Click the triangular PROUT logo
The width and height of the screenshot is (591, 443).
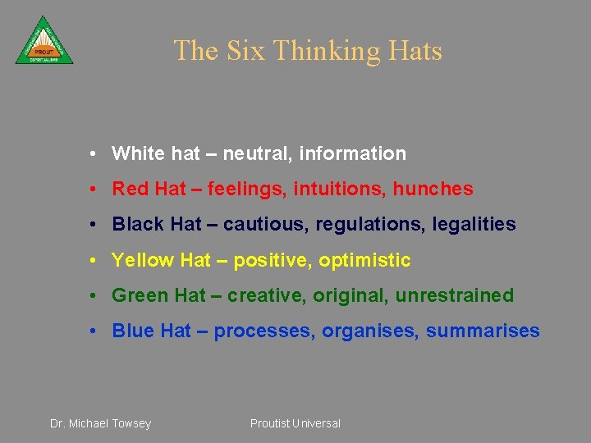(x=44, y=42)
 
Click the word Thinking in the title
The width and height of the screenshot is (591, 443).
(x=327, y=51)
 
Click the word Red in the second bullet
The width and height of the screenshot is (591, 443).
(x=131, y=189)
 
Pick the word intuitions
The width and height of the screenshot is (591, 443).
(x=344, y=189)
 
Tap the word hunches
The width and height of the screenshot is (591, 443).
(x=433, y=189)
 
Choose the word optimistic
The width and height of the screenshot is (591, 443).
(x=364, y=260)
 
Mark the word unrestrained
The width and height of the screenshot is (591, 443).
(x=454, y=295)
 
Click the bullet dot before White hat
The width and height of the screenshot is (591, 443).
(x=96, y=153)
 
